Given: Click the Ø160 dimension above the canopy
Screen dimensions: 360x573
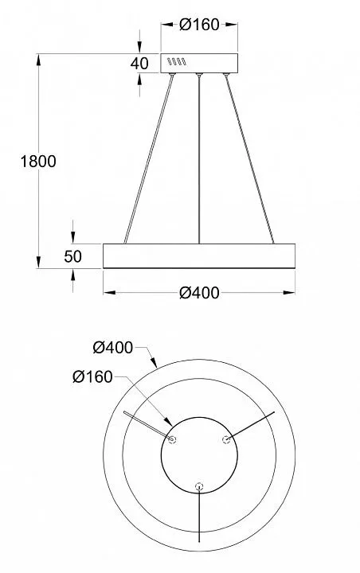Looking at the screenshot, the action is click(x=199, y=25).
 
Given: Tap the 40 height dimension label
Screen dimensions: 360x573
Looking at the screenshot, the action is click(x=139, y=63).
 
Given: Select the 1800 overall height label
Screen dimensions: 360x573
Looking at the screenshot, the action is click(x=38, y=161).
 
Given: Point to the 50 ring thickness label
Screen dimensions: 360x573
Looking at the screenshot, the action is click(x=72, y=256).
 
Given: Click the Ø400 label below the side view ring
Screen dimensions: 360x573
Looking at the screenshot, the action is click(x=199, y=293).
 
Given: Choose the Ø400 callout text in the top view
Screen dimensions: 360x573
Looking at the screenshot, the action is click(x=112, y=347).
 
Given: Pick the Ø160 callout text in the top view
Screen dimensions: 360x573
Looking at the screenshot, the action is click(x=92, y=376).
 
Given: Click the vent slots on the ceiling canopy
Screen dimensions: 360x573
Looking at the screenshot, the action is click(x=177, y=62).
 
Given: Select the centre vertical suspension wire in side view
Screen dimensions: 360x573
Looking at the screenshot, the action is click(x=199, y=159).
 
